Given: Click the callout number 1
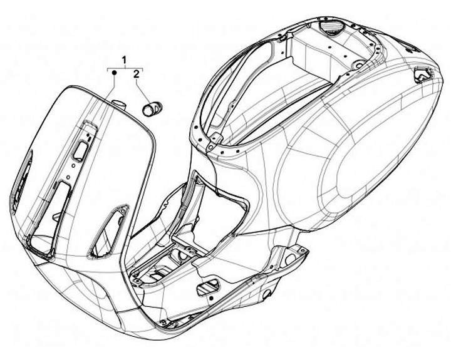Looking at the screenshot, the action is click(125, 59).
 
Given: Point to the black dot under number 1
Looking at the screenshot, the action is click(115, 74).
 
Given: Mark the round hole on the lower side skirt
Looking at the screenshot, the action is click(269, 294).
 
